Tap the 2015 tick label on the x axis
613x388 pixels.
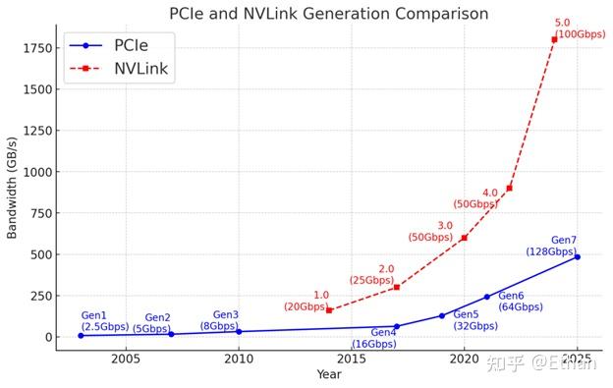pos(351,360)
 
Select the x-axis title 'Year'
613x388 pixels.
pos(328,374)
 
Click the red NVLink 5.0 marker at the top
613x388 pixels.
pos(554,39)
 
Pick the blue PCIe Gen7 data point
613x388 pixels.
pos(577,256)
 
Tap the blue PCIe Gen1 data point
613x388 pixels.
pos(81,335)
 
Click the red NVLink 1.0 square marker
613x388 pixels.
pos(329,310)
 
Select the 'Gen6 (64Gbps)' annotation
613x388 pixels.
pos(520,302)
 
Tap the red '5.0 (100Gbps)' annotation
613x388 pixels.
pos(580,28)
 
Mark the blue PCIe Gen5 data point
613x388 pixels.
pos(441,315)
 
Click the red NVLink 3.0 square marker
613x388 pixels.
pos(464,238)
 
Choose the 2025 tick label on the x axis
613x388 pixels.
pos(577,360)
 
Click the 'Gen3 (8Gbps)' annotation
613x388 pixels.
pos(220,320)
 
